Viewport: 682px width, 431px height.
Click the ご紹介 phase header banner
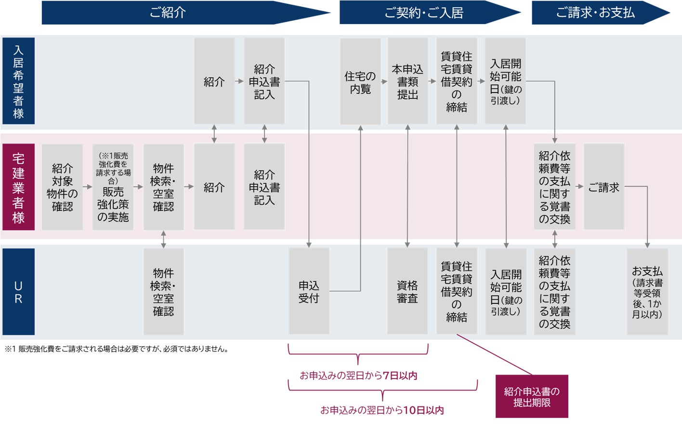pos(168,13)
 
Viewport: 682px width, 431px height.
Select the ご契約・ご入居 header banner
pos(424,13)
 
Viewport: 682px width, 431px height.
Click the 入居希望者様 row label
pos(18,81)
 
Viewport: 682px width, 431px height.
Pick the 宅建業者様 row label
pos(18,187)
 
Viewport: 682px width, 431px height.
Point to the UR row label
pos(18,292)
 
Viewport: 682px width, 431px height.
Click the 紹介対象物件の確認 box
pos(62,187)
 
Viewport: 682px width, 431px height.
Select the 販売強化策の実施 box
pos(113,187)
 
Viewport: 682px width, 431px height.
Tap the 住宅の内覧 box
pos(360,82)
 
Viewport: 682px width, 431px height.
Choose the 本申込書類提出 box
pos(407,82)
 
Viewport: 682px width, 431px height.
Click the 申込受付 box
pos(309,291)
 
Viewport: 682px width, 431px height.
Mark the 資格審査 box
pos(407,291)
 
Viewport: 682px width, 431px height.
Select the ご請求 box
pos(603,187)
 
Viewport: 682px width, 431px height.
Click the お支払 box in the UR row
pos(647,291)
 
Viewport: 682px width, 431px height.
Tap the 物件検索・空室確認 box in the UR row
pos(163,291)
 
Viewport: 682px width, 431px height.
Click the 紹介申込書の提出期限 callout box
pos(532,396)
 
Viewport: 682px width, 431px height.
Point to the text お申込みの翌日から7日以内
pos(358,376)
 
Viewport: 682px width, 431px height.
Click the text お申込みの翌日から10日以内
pos(382,410)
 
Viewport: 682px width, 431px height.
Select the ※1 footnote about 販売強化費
pos(117,349)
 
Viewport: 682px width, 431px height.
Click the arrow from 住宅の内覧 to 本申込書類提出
pos(384,82)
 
